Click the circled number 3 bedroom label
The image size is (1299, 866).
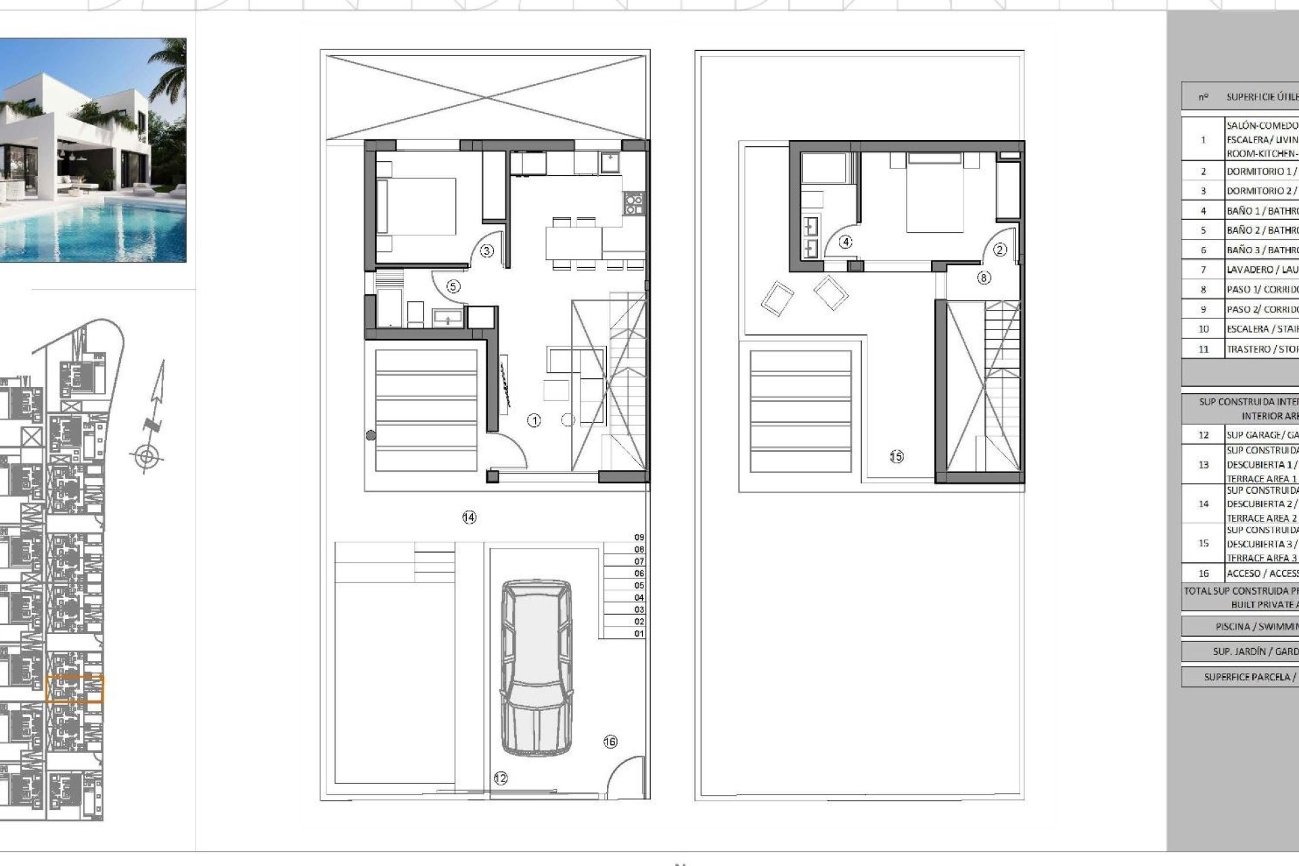coord(486,251)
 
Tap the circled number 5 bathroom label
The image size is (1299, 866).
coord(453,287)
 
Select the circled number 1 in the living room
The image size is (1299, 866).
coord(534,421)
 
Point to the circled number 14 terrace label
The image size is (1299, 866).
coord(469,518)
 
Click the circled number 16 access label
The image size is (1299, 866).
coord(610,742)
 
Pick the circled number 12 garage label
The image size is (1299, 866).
coord(501,778)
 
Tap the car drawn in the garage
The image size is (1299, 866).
coord(537,666)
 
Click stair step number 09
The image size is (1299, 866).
coord(639,537)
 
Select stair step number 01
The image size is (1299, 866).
coord(639,634)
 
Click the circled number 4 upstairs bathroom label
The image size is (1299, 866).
coord(845,242)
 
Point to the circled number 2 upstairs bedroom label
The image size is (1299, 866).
coord(1000,250)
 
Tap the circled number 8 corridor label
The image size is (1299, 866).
coord(984,277)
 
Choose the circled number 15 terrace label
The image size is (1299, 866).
coord(896,457)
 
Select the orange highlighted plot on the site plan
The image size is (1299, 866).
coord(74,689)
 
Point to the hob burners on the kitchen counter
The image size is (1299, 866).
coord(633,204)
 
